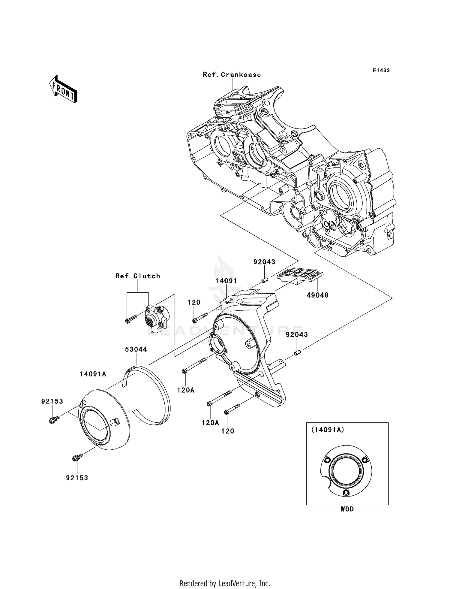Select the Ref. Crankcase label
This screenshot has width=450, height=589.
point(232,75)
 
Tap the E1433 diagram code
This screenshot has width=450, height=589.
point(381,70)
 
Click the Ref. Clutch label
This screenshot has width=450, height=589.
point(138,276)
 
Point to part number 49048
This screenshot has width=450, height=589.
point(317,295)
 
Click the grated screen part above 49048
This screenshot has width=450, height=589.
point(300,276)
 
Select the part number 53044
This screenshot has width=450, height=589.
point(136,349)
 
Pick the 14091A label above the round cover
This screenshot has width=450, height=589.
point(93,374)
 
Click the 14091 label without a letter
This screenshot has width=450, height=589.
point(226,281)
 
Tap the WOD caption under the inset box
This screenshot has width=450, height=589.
point(347,509)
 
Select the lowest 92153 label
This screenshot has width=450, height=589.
point(77,478)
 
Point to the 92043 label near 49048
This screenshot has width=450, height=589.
point(264,262)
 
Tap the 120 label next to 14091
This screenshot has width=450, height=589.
point(194,302)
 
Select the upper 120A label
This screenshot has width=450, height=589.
point(186,390)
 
